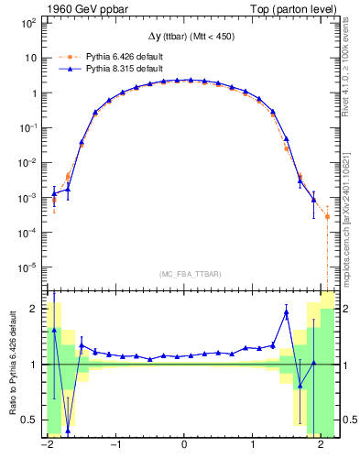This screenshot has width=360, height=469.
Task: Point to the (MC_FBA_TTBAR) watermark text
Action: (183, 274)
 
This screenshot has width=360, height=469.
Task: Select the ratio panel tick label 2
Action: (34, 309)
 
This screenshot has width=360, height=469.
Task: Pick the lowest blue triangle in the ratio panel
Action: (68, 431)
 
